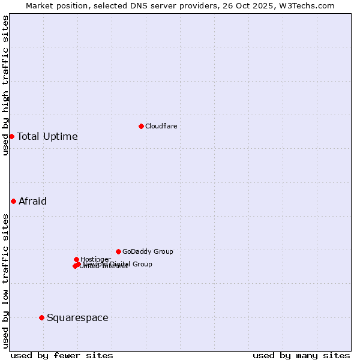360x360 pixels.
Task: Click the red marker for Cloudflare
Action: pyautogui.click(x=141, y=126)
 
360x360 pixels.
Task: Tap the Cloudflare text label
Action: pyautogui.click(x=161, y=126)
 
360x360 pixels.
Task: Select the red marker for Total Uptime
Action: pyautogui.click(x=11, y=136)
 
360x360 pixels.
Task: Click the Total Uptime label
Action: pyautogui.click(x=47, y=136)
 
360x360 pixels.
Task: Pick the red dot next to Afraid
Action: pyautogui.click(x=13, y=201)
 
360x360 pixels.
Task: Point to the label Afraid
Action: pyautogui.click(x=32, y=201)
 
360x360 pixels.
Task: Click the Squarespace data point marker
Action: pyautogui.click(x=41, y=317)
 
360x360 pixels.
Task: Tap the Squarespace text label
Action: pyautogui.click(x=77, y=317)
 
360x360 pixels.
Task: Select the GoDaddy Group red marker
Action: pyautogui.click(x=118, y=251)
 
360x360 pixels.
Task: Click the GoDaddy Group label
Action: pyautogui.click(x=148, y=251)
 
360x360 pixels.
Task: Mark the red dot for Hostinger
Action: pyautogui.click(x=76, y=259)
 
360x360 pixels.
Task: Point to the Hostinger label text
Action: pyautogui.click(x=95, y=259)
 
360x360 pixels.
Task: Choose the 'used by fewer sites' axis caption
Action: pyautogui.click(x=62, y=355)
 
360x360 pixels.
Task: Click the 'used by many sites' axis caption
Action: pyautogui.click(x=301, y=355)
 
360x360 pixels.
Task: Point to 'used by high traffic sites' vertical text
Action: pyautogui.click(x=5, y=85)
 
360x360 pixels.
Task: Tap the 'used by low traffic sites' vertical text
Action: pyautogui.click(x=5, y=280)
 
